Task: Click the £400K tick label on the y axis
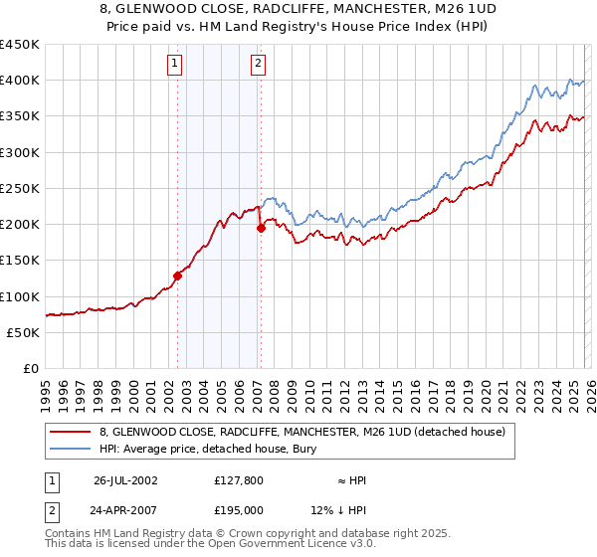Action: click(19, 81)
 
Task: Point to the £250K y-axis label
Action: click(19, 188)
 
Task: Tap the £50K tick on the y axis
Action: click(23, 332)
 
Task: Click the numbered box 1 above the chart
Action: click(175, 65)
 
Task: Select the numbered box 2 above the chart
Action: click(258, 65)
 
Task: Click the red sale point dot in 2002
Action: click(178, 276)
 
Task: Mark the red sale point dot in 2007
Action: click(261, 228)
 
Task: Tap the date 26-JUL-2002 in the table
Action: click(125, 480)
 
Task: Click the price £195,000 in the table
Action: click(240, 510)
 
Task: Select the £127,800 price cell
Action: click(240, 480)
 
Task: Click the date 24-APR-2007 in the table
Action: click(125, 510)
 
